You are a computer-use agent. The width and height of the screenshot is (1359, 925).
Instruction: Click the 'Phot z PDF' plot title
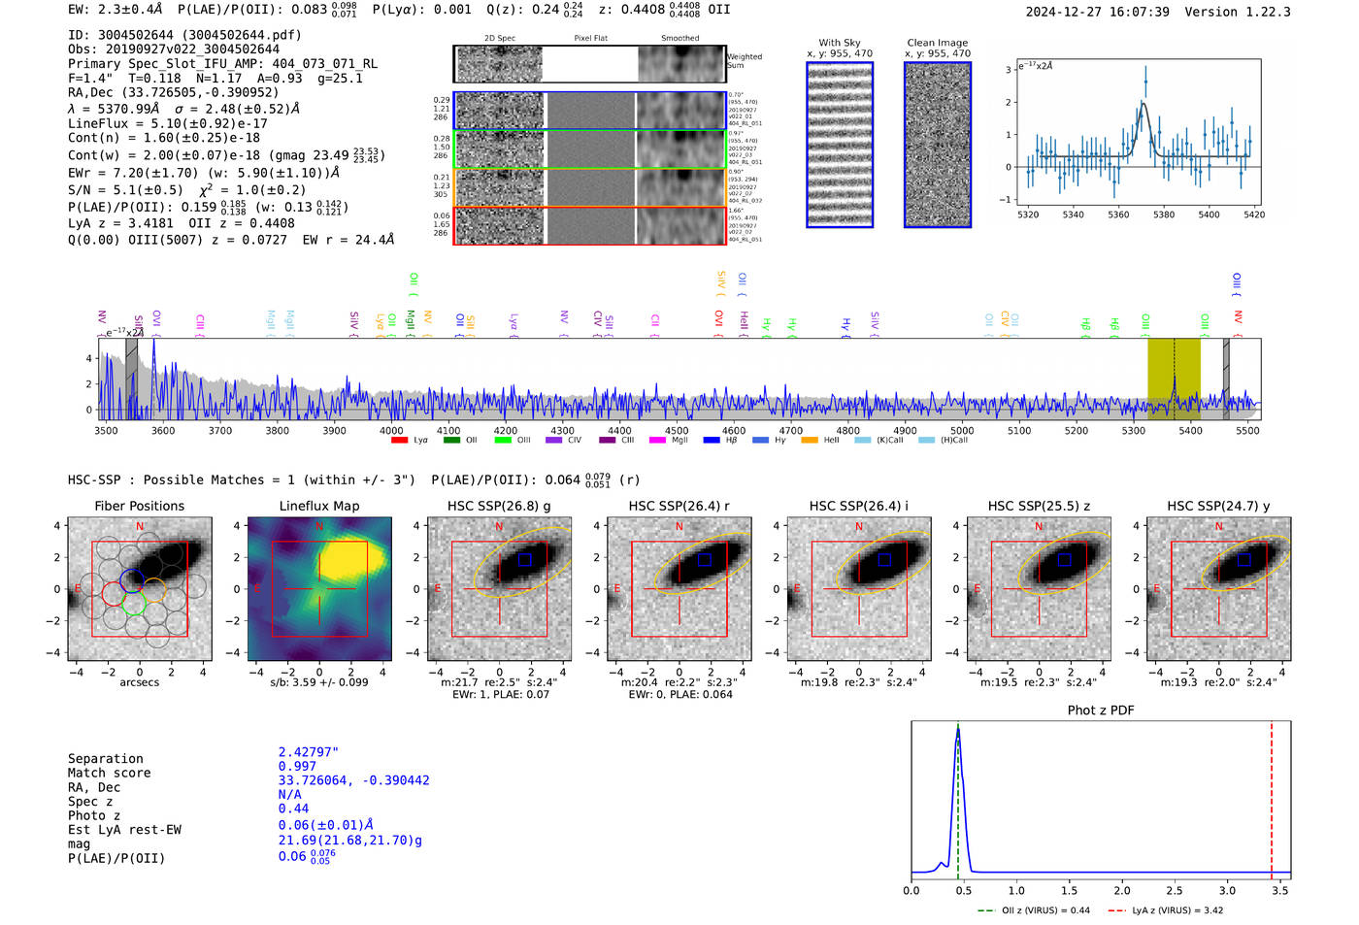[1101, 710]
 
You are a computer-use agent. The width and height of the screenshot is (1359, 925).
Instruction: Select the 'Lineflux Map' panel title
[319, 506]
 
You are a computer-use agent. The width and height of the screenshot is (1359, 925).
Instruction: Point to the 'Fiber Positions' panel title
[139, 506]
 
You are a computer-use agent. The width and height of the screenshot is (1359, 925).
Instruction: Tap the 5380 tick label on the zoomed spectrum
[1163, 215]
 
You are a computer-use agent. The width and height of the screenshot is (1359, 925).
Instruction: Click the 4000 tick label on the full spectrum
[391, 430]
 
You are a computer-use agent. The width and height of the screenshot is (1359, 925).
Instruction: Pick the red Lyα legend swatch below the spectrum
[399, 441]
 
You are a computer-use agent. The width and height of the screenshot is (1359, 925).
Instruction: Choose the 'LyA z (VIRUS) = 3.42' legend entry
[1166, 910]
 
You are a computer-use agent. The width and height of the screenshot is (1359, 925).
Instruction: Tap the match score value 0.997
[297, 766]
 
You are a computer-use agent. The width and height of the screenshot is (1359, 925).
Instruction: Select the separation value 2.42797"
[308, 752]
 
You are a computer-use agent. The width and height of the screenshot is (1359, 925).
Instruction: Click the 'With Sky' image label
[840, 43]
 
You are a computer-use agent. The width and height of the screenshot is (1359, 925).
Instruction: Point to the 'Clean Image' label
[937, 43]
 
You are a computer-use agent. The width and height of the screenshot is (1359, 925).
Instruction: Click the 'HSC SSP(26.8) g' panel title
[499, 506]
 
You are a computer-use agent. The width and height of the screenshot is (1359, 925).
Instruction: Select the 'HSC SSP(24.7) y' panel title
[1218, 506]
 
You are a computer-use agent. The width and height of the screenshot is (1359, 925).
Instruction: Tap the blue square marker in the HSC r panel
[705, 559]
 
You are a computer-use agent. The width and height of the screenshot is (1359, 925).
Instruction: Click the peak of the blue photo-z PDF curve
[958, 730]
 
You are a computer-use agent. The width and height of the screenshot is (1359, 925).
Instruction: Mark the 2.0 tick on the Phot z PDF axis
[1122, 890]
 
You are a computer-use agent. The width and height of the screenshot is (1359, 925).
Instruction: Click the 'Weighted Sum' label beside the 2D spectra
[745, 61]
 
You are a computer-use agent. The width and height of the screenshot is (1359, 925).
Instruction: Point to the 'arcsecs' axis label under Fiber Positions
[139, 682]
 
